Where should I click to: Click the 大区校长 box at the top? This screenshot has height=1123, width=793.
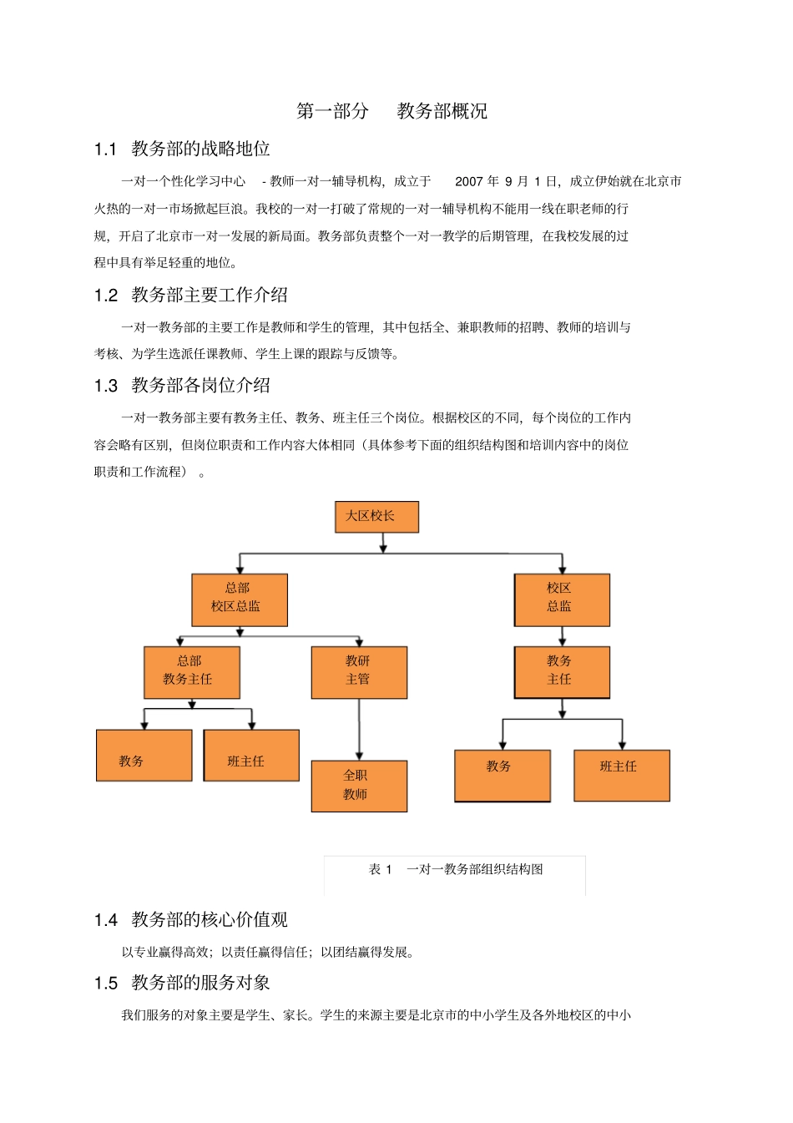(x=376, y=517)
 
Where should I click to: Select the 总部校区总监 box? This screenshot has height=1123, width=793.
(x=240, y=599)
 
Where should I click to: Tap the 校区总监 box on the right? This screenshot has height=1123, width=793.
(x=562, y=599)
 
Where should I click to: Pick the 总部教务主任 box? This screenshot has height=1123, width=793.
(x=192, y=672)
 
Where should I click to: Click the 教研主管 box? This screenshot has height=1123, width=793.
(x=359, y=672)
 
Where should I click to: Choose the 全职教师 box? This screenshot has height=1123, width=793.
(x=359, y=786)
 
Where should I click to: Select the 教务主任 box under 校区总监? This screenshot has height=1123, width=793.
(x=562, y=672)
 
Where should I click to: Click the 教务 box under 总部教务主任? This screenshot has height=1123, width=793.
(x=144, y=756)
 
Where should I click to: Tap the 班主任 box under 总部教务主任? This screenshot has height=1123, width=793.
(x=251, y=756)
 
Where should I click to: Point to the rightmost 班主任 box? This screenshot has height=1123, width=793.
(x=622, y=776)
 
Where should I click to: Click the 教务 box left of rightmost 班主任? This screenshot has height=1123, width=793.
(x=503, y=776)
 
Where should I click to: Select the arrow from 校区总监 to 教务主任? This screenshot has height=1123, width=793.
(x=562, y=636)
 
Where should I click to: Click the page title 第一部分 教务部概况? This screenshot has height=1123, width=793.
(x=392, y=111)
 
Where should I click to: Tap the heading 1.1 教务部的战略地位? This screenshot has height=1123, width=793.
(x=182, y=149)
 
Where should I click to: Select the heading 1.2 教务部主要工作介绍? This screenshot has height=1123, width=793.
(x=191, y=295)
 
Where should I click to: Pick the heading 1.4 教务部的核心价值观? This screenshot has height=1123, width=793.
(x=191, y=919)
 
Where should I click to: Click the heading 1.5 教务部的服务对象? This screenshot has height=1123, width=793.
(x=182, y=983)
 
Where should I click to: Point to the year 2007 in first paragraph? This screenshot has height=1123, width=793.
(x=469, y=181)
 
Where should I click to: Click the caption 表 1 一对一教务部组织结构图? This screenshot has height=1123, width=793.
(x=456, y=869)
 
